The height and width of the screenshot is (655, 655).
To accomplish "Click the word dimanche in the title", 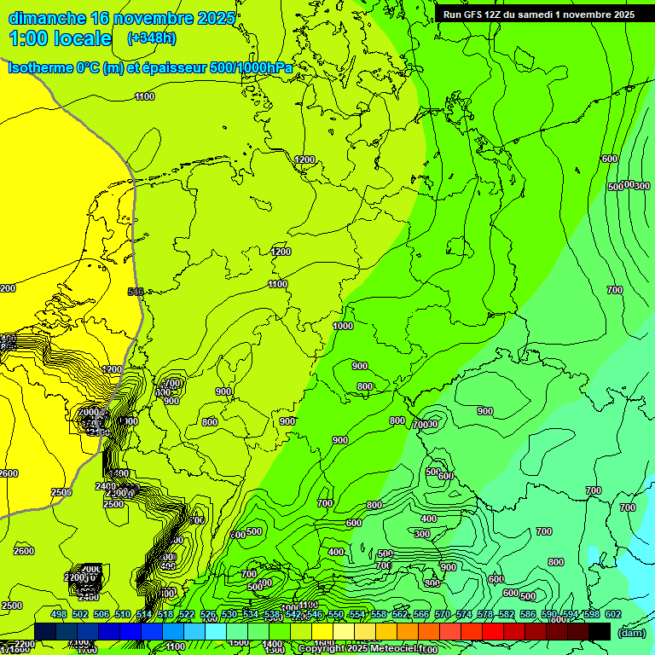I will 48,18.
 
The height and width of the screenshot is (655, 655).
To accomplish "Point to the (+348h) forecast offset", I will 152,38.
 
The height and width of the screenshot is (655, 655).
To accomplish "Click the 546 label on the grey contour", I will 135,292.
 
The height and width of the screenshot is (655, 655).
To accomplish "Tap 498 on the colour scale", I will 58,614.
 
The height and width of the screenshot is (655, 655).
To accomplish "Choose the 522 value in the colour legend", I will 186,614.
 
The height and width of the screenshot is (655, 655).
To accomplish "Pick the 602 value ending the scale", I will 612,614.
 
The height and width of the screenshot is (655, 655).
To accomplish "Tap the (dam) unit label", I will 631,632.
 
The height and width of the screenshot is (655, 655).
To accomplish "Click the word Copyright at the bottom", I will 323,649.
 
